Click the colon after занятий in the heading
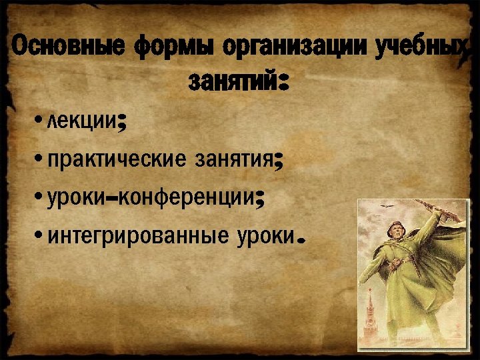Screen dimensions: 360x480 [282, 82]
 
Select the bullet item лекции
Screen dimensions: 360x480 [83, 123]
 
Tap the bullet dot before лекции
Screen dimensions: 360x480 [41, 122]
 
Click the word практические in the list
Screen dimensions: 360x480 [117, 161]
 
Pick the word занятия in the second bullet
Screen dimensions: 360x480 [233, 161]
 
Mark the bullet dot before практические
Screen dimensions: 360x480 [41, 160]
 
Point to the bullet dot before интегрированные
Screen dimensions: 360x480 [41, 236]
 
